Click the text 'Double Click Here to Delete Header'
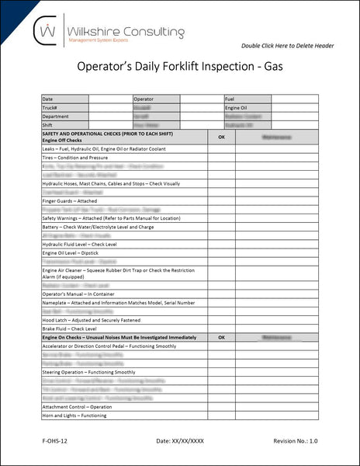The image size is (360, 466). pyautogui.click(x=286, y=46)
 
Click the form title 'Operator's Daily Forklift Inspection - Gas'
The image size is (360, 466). pyautogui.click(x=181, y=68)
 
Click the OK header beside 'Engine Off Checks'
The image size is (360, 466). pyautogui.click(x=221, y=136)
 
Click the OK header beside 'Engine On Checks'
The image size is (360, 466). pyautogui.click(x=221, y=338)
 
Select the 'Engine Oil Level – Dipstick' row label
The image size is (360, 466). pyautogui.click(x=73, y=252)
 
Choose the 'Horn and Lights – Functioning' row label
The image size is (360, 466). pyautogui.click(x=74, y=416)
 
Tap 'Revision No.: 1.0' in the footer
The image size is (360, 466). pyautogui.click(x=296, y=441)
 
